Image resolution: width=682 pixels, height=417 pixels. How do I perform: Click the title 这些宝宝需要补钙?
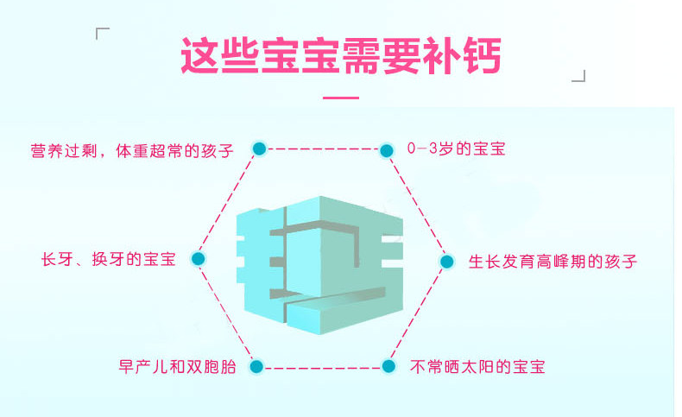tap(340, 54)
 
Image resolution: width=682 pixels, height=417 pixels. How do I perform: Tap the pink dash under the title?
tap(340, 98)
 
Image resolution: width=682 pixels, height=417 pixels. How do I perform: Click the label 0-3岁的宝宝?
tap(456, 148)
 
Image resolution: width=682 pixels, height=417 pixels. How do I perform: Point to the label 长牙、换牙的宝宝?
tap(109, 258)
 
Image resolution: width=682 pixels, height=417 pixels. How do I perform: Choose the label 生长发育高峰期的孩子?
tap(553, 260)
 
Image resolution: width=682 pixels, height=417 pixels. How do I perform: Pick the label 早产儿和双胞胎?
tap(178, 366)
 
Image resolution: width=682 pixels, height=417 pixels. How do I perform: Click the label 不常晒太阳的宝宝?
tap(477, 366)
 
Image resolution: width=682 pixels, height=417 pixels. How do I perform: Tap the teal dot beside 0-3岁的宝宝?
tap(386, 149)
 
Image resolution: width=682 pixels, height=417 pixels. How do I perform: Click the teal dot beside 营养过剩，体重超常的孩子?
tap(258, 148)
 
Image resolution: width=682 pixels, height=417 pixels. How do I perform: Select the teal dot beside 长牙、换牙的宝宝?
tap(198, 258)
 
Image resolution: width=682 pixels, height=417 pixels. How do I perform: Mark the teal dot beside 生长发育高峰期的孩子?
tap(446, 260)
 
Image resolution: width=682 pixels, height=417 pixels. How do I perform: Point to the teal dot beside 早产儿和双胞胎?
tap(256, 366)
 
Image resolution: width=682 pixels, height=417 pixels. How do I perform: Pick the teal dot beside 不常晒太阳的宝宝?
tap(388, 366)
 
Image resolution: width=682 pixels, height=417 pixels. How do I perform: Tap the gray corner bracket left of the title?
tap(101, 34)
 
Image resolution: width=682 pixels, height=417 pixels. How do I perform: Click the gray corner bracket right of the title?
tap(579, 76)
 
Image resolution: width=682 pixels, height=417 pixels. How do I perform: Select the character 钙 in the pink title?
tap(477, 54)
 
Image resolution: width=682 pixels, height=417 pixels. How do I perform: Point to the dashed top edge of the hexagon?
tap(322, 148)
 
